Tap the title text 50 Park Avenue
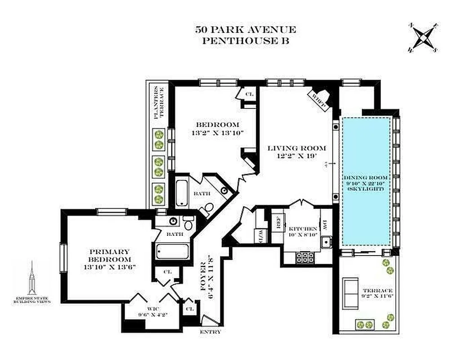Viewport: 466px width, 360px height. pos(246,30)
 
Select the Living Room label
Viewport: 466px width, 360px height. pos(296,148)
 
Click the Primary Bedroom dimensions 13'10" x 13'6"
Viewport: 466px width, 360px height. pos(109,267)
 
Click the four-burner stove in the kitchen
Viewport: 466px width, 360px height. pos(305,257)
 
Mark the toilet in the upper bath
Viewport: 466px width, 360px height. pos(206,210)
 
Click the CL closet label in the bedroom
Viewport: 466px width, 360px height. pos(250,94)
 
